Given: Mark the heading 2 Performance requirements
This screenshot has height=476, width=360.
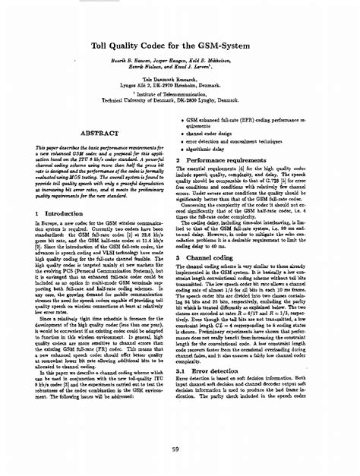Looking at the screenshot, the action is click(231, 161).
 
